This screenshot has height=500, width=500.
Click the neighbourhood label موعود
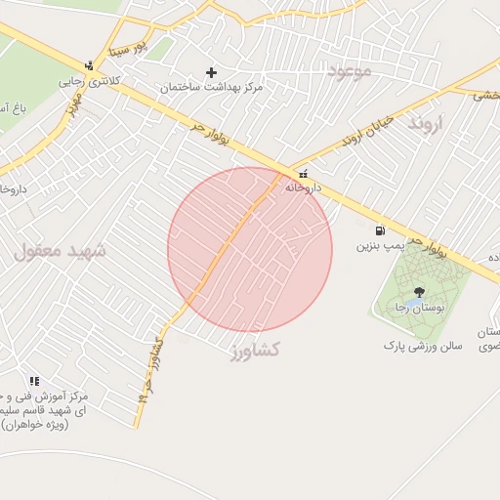tap(351, 70)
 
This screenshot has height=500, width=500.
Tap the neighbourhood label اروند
tap(426, 123)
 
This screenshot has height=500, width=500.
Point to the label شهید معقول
tap(60, 250)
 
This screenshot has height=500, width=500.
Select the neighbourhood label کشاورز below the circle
tap(255, 349)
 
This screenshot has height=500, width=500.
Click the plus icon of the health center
tap(211, 72)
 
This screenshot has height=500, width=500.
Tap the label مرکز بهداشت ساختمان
tap(213, 87)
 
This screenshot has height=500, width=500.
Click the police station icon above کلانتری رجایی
tap(90, 66)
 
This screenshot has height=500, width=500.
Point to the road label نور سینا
tap(126, 45)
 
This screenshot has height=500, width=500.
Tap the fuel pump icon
tap(379, 231)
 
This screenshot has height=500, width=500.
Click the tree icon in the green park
tap(419, 291)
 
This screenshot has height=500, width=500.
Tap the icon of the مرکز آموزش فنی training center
tap(34, 381)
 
